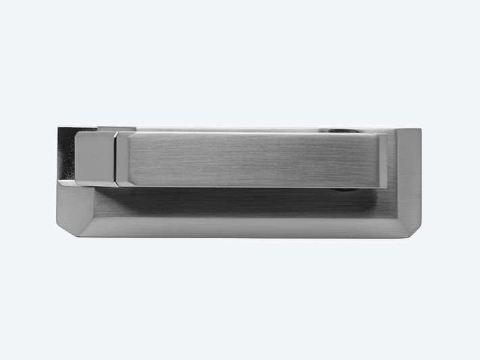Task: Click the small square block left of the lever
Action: (x=93, y=158)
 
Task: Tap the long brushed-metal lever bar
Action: (x=250, y=160)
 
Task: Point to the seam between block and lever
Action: (x=115, y=159)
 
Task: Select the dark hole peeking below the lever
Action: (x=343, y=189)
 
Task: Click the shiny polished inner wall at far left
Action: (x=66, y=154)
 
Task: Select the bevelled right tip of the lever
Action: (x=383, y=160)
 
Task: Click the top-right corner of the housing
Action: (x=420, y=129)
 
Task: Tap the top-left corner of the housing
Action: (x=58, y=127)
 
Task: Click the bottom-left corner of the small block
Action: (x=76, y=184)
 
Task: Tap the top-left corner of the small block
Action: (x=76, y=133)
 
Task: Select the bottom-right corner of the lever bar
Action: (x=387, y=187)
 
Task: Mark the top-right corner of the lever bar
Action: (x=387, y=133)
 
